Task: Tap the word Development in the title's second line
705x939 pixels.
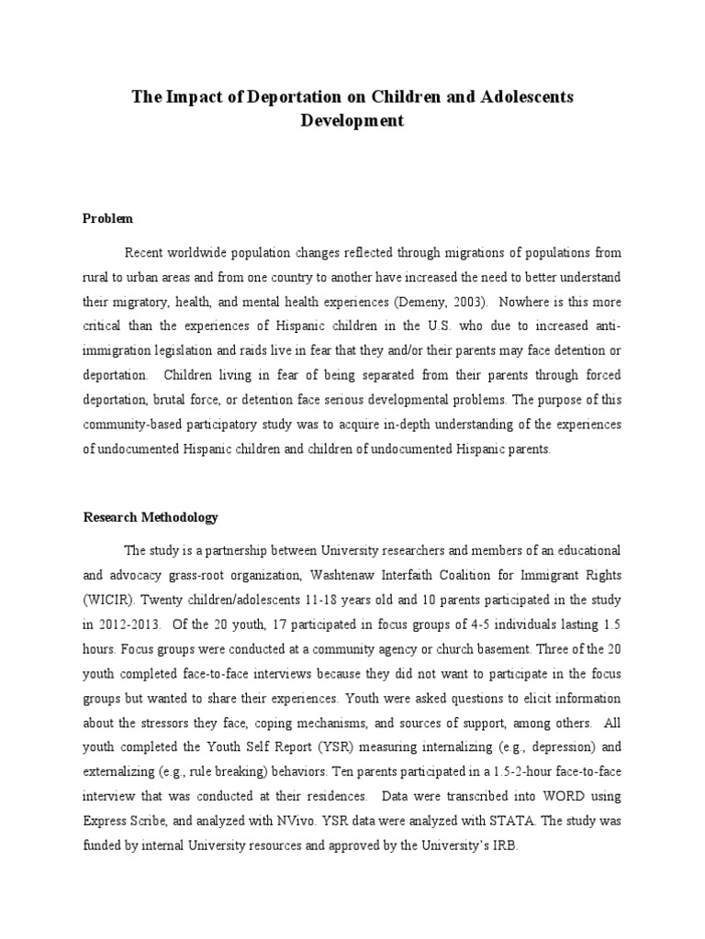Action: pyautogui.click(x=352, y=121)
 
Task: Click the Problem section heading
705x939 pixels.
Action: pyautogui.click(x=107, y=218)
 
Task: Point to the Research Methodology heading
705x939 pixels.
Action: pyautogui.click(x=151, y=517)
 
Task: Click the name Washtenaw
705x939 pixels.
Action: pyautogui.click(x=334, y=576)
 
